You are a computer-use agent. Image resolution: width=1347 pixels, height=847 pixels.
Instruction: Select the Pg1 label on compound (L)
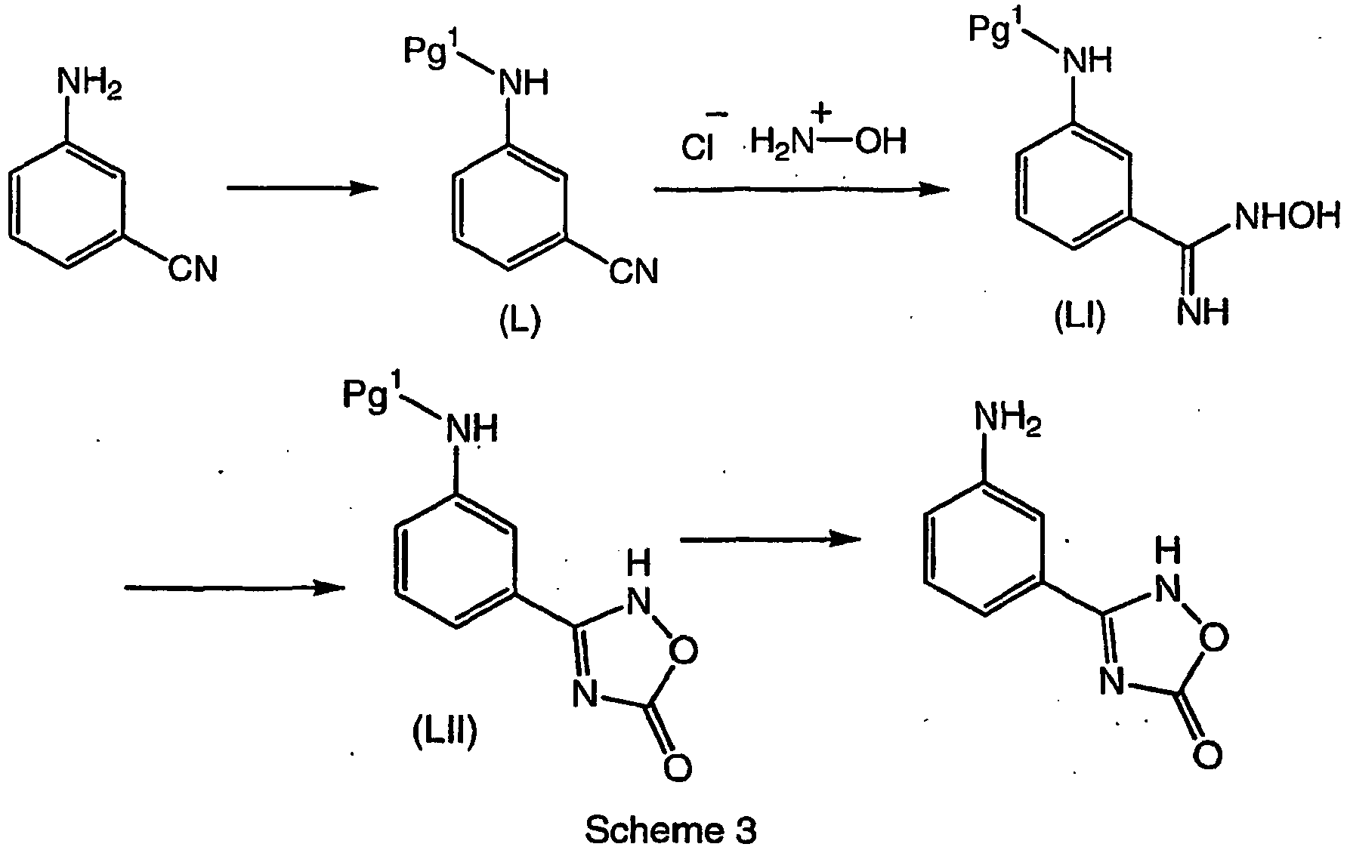coord(431,51)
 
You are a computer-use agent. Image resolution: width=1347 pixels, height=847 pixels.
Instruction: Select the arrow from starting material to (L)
coord(302,189)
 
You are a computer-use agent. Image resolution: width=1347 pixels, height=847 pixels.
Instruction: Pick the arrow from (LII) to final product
coord(771,538)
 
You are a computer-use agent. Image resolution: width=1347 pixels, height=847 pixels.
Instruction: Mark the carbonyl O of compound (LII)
coord(677,768)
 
